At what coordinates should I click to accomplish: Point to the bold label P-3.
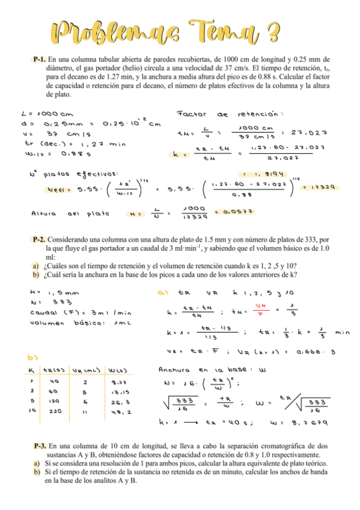40,446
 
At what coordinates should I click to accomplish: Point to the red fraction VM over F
261,312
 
